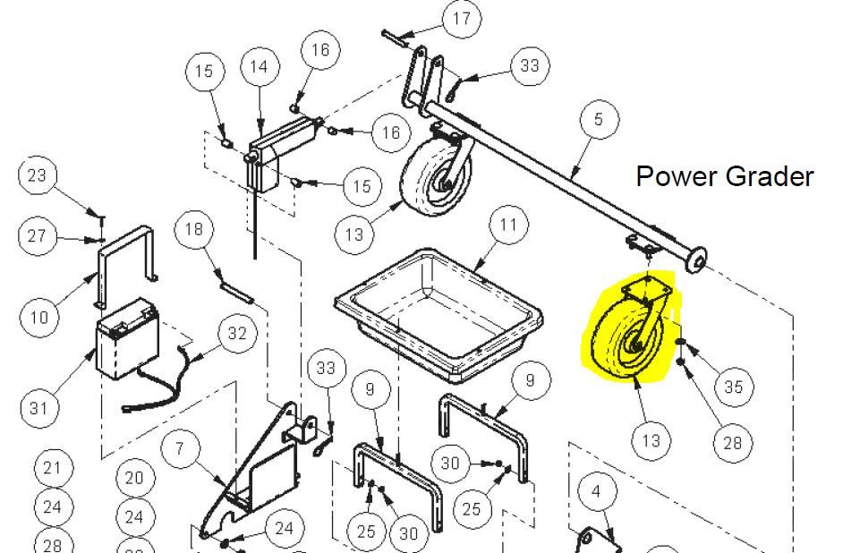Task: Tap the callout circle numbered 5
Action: click(599, 119)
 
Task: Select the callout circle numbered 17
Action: click(461, 19)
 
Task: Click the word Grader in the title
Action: click(770, 176)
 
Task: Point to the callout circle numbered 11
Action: click(508, 224)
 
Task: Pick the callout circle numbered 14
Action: click(260, 66)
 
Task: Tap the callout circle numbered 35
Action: click(733, 387)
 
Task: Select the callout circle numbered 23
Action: click(37, 175)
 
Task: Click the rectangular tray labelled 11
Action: click(439, 314)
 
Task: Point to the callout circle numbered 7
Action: click(180, 448)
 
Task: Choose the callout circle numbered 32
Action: click(237, 333)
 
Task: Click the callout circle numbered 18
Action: click(194, 229)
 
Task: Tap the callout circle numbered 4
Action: click(596, 490)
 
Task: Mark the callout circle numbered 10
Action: click(39, 317)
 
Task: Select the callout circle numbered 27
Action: click(37, 235)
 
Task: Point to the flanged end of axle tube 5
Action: click(697, 259)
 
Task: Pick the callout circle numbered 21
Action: click(52, 468)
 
